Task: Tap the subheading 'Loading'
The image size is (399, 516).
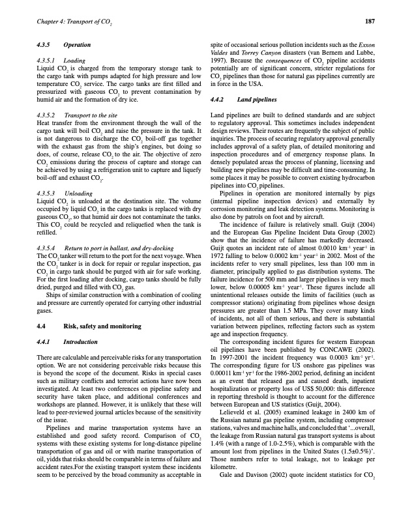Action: (75, 59)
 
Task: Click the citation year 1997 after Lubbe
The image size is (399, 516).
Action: (218, 59)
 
